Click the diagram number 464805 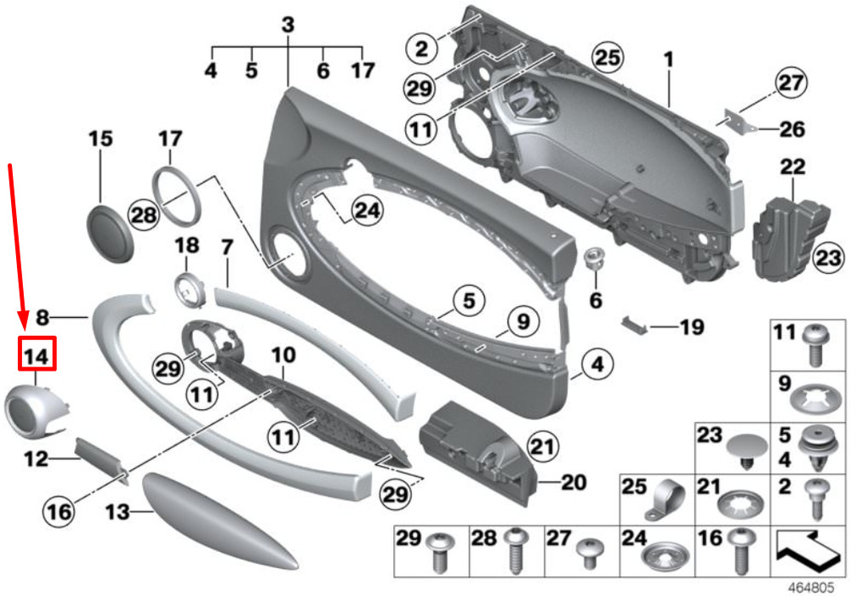coord(811,587)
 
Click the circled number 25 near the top coord(608,58)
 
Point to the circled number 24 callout coord(368,210)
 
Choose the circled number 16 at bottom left coord(59,511)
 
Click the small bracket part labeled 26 coord(739,122)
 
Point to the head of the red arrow coord(22,320)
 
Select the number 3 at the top coord(288,25)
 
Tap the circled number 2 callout coord(422,48)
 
